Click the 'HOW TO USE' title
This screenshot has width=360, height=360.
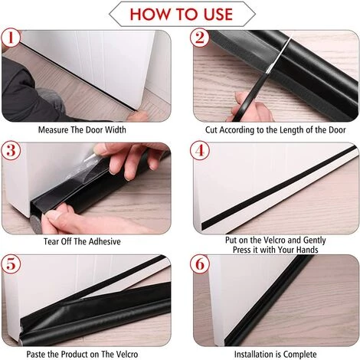[x=180, y=13]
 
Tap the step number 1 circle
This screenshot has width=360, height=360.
[x=11, y=38]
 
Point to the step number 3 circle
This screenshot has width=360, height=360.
[x=11, y=152]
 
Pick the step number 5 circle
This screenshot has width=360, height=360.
[x=11, y=265]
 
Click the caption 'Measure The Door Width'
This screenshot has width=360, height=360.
[x=82, y=129]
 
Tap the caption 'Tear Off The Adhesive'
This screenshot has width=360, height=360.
[x=83, y=242]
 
